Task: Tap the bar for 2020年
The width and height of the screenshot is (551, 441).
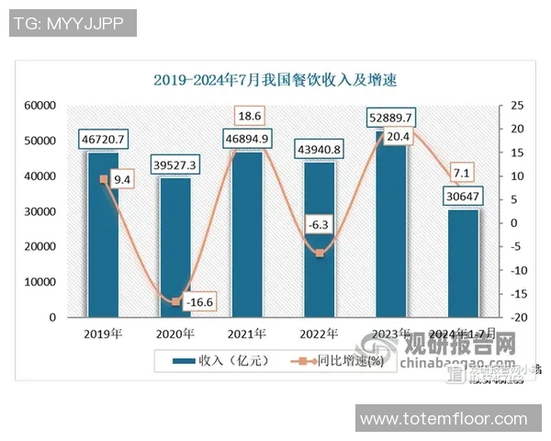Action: click(x=175, y=248)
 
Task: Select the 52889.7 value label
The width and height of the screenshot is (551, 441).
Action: click(x=390, y=118)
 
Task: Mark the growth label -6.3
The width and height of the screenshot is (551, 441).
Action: click(x=320, y=223)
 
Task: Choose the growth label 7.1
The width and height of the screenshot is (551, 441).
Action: click(x=462, y=173)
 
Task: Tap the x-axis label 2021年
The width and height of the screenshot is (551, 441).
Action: click(x=246, y=334)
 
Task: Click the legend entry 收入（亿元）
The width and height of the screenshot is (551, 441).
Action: click(x=221, y=361)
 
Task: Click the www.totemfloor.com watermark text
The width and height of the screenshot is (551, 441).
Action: click(x=450, y=419)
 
